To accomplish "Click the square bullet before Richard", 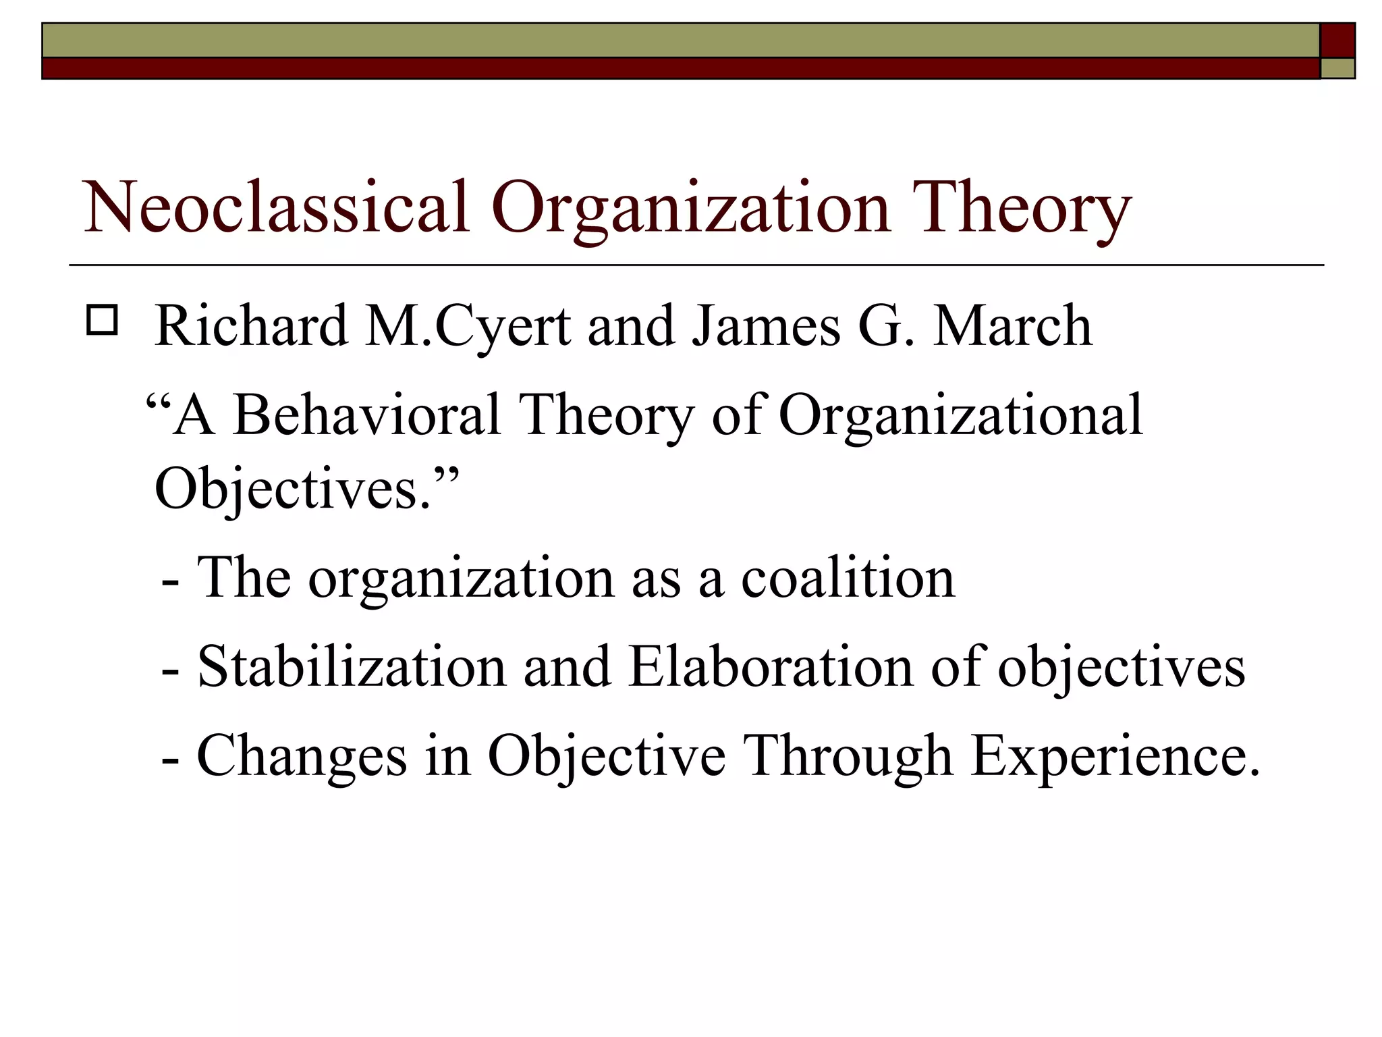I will [x=103, y=321].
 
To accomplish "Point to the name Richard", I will [x=250, y=326].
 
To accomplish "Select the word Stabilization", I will [x=352, y=667].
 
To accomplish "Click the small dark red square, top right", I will [x=1337, y=41].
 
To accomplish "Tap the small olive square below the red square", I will [x=1337, y=68].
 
